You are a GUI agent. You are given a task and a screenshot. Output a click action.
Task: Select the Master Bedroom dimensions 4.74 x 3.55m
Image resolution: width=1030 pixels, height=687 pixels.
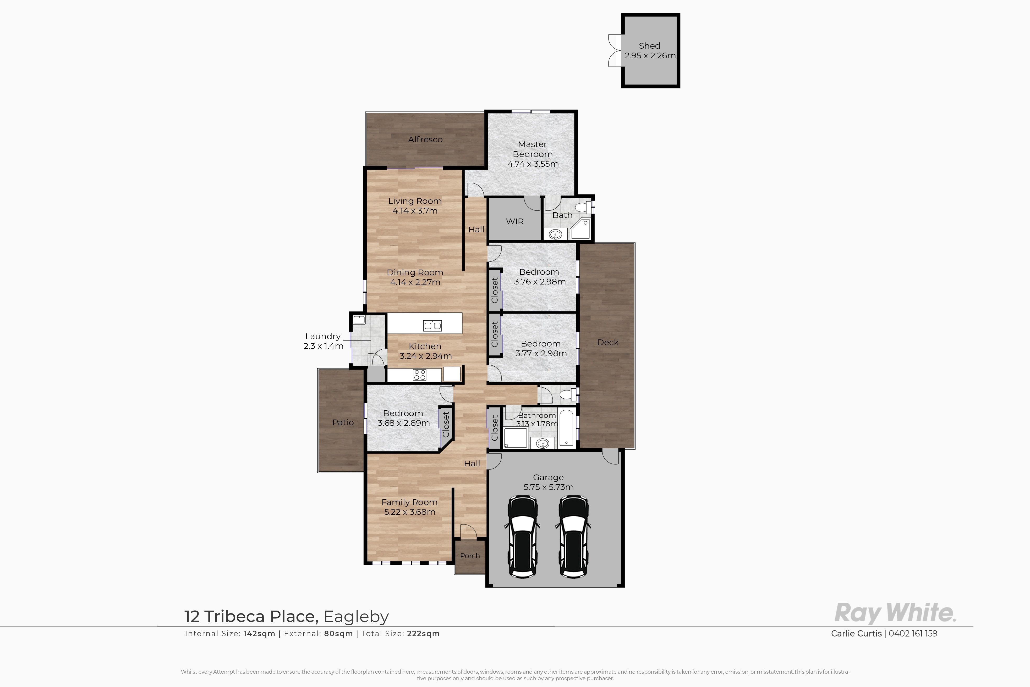(533, 164)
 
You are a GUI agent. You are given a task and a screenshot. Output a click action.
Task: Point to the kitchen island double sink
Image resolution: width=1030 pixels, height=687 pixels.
(432, 326)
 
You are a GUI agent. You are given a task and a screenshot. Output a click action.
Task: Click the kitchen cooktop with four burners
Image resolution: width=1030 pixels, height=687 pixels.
(420, 375)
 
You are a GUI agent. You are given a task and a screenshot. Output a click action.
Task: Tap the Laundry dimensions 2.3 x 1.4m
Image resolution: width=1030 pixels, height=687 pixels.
(323, 346)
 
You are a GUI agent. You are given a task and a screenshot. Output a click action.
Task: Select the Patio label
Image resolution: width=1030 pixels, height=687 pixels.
(343, 422)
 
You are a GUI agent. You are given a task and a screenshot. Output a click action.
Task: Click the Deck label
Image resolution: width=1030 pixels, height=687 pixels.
(608, 342)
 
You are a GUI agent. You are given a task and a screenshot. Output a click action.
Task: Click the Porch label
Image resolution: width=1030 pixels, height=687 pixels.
(470, 556)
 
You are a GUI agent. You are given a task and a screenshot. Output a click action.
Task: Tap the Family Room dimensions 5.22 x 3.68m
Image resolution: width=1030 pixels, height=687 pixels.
(409, 512)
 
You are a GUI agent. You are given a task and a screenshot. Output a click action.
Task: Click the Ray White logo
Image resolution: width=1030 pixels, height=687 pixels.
(895, 613)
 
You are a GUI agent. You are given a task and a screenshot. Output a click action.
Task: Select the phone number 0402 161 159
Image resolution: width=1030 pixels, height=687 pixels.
(913, 634)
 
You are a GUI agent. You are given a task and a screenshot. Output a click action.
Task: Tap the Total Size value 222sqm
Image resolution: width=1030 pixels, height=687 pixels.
(423, 634)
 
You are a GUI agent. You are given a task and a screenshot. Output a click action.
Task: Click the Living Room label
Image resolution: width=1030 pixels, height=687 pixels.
(415, 201)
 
